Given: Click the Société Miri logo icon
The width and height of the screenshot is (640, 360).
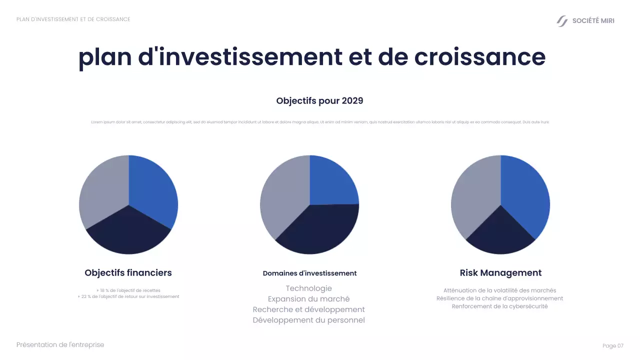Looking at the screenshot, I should (562, 21).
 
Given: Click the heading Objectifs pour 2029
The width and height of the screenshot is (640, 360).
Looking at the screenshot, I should (319, 100).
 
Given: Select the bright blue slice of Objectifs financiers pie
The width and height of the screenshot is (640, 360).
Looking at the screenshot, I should (155, 190).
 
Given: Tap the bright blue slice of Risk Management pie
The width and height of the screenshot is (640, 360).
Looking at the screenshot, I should (525, 195).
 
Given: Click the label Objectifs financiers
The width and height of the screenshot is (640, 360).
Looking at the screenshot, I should (128, 272).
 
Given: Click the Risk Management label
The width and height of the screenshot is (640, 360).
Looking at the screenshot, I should (500, 272).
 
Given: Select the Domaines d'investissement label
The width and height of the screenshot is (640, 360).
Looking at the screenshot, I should (309, 273).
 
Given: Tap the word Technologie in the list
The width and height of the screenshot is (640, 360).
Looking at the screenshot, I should (308, 288).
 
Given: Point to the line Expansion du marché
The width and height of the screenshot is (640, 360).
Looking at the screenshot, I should (308, 298).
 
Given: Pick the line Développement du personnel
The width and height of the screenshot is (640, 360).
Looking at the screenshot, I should (308, 320).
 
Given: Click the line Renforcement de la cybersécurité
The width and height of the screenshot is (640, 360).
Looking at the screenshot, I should (499, 306).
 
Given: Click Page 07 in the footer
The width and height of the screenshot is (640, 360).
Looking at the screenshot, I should (613, 345).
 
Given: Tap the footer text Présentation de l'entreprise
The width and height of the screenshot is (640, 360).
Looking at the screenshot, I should (60, 344).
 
